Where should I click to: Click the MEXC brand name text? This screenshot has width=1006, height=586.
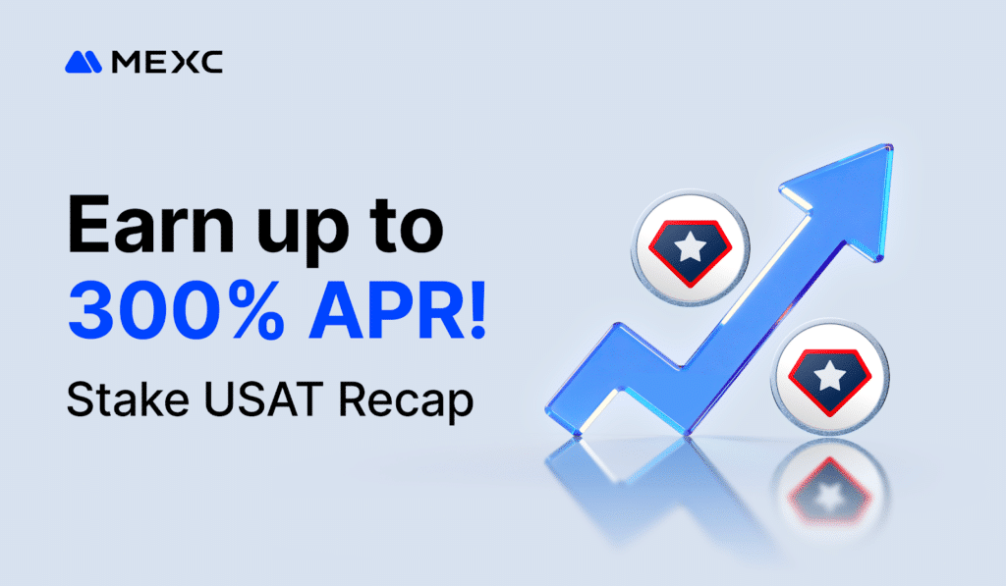[167, 63]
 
